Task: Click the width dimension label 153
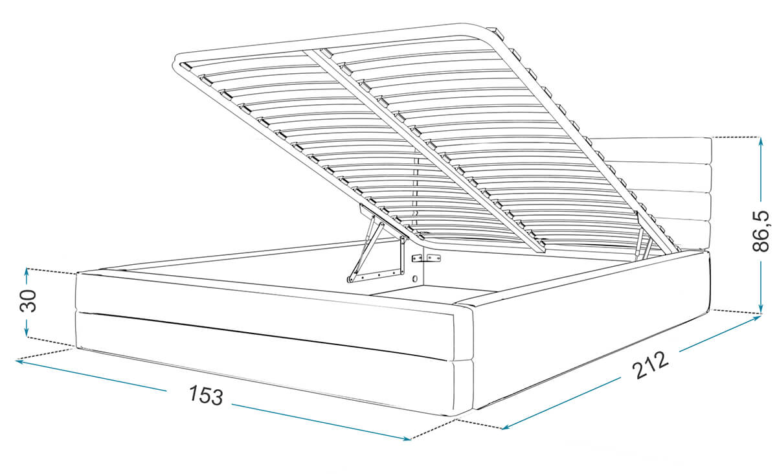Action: (206, 395)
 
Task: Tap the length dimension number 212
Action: (650, 365)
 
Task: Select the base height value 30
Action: (28, 301)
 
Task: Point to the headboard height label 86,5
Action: (761, 231)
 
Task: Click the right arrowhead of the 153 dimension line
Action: (407, 438)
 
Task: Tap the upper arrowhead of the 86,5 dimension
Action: (761, 141)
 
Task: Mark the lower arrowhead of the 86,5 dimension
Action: (761, 309)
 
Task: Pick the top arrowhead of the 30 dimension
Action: (27, 272)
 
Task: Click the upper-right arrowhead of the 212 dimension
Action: (757, 318)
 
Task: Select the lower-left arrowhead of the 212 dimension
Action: (506, 427)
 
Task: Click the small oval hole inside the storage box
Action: (415, 278)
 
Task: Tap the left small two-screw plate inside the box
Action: (416, 258)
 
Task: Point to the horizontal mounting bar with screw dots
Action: (376, 275)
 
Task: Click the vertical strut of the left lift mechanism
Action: (402, 255)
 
